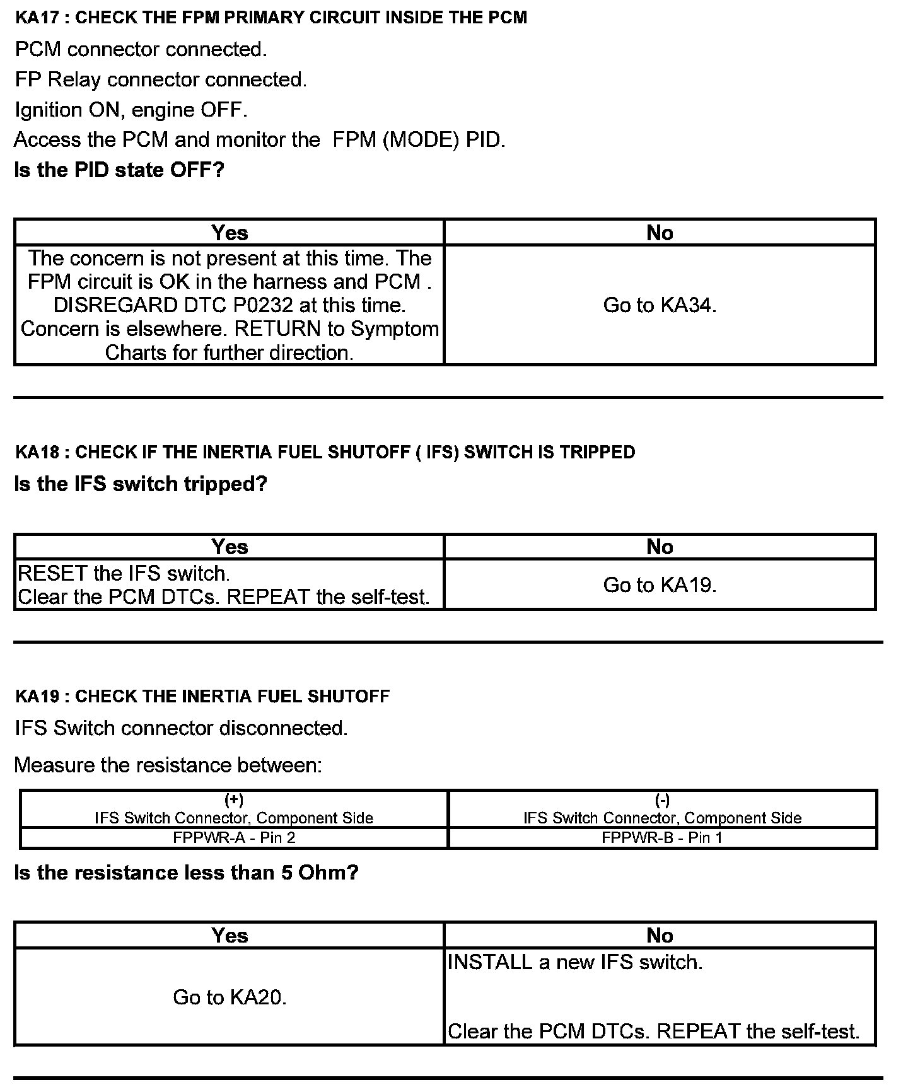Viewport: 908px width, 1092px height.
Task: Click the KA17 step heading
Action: tap(271, 18)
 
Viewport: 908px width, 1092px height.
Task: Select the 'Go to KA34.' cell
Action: tap(660, 306)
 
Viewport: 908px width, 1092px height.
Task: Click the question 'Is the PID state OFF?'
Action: tap(119, 170)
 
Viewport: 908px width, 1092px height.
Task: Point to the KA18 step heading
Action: tap(325, 452)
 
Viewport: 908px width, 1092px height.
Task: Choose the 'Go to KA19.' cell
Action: tap(660, 585)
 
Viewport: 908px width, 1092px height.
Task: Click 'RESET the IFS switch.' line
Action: tap(124, 574)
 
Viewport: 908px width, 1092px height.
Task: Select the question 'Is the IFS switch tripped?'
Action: tap(141, 484)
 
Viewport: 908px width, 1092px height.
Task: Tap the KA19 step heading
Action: tap(202, 697)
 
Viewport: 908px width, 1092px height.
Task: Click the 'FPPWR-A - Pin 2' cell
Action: tap(234, 838)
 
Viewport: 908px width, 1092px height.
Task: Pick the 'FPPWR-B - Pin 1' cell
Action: tap(662, 838)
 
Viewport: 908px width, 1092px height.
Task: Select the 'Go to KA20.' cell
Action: tap(230, 997)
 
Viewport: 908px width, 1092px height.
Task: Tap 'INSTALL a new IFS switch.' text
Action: tap(574, 963)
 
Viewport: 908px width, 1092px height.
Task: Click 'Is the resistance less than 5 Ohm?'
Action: tap(186, 873)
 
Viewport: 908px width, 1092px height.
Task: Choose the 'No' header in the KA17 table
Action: tap(660, 233)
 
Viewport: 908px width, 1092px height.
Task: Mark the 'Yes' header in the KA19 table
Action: tap(230, 936)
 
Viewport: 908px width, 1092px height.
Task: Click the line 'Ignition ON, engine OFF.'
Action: tap(131, 110)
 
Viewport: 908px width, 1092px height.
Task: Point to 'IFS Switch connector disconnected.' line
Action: tap(181, 728)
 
